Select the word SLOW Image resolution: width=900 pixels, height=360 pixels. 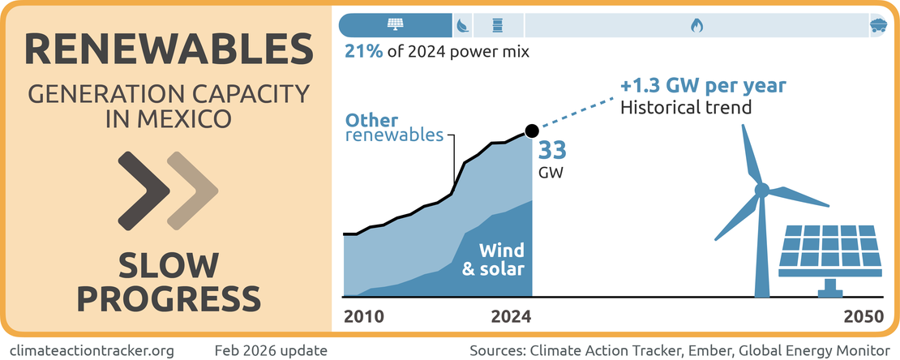click(x=169, y=265)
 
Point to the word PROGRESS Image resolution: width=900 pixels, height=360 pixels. click(x=169, y=298)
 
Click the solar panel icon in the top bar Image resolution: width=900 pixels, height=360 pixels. click(x=396, y=25)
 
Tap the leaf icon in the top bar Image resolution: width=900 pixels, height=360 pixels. click(x=461, y=25)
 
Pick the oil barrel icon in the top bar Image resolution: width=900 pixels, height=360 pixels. click(x=497, y=25)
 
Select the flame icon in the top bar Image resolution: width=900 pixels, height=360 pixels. click(x=696, y=25)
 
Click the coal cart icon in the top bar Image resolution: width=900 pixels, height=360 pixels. click(x=876, y=25)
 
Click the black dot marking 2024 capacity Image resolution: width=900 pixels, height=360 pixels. click(x=532, y=130)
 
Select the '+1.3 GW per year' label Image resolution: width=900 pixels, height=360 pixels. click(x=702, y=86)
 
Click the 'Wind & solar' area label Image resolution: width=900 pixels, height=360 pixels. click(x=493, y=259)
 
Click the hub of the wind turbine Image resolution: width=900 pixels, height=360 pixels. click(x=761, y=191)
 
